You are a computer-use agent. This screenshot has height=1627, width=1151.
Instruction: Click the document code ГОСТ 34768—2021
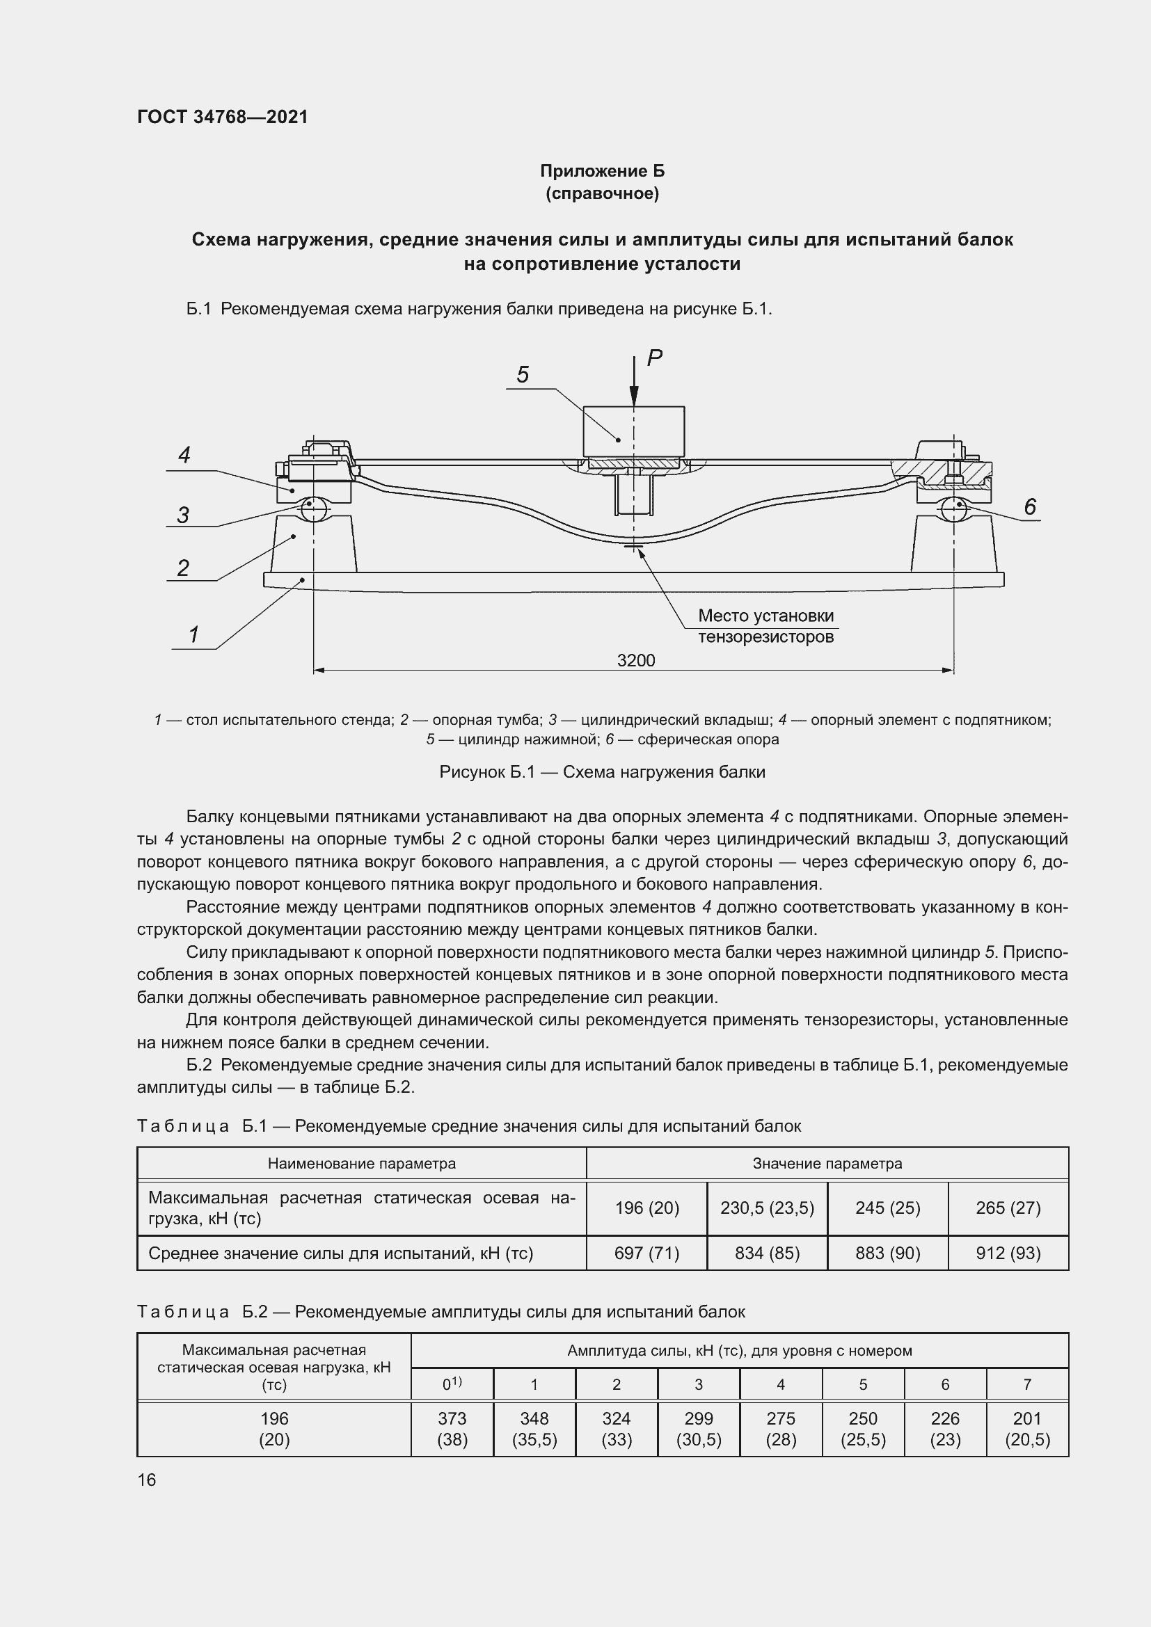[x=223, y=117]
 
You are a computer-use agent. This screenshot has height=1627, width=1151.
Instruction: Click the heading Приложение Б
[x=602, y=171]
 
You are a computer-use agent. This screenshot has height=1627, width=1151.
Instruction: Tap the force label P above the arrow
[x=654, y=358]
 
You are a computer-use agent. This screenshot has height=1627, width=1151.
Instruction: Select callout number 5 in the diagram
[x=523, y=375]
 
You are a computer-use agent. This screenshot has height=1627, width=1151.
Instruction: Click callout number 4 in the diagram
[x=184, y=455]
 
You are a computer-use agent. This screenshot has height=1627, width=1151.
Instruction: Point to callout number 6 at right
[x=1030, y=506]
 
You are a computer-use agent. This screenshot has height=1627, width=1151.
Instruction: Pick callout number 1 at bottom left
[x=193, y=634]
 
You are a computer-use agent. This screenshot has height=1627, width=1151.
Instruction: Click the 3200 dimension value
[x=636, y=660]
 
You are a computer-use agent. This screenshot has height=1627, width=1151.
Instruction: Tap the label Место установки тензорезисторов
[x=765, y=626]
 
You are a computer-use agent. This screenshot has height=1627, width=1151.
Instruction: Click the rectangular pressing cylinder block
[x=634, y=431]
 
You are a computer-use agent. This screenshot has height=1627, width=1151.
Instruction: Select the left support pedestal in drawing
[x=313, y=544]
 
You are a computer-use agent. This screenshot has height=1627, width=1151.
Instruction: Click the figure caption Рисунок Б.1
[x=602, y=771]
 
